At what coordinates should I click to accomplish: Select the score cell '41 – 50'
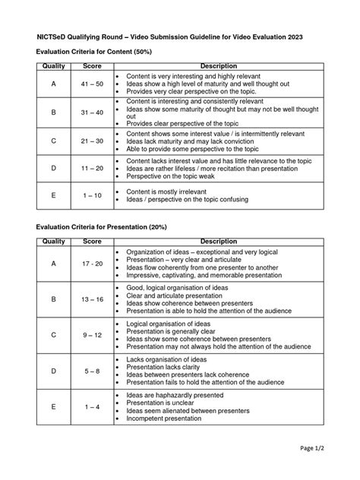point(93,84)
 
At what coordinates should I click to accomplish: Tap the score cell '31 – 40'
point(93,113)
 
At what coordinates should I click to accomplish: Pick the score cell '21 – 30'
point(93,142)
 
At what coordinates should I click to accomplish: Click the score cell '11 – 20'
point(93,168)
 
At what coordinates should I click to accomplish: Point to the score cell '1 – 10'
point(93,195)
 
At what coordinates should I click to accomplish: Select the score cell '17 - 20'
point(93,264)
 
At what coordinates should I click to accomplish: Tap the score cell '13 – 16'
point(93,300)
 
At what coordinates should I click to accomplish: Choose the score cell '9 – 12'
point(93,335)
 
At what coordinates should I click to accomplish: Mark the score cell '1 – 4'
point(93,407)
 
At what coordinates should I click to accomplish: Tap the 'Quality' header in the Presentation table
point(54,242)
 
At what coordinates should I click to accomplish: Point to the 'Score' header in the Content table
point(93,67)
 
